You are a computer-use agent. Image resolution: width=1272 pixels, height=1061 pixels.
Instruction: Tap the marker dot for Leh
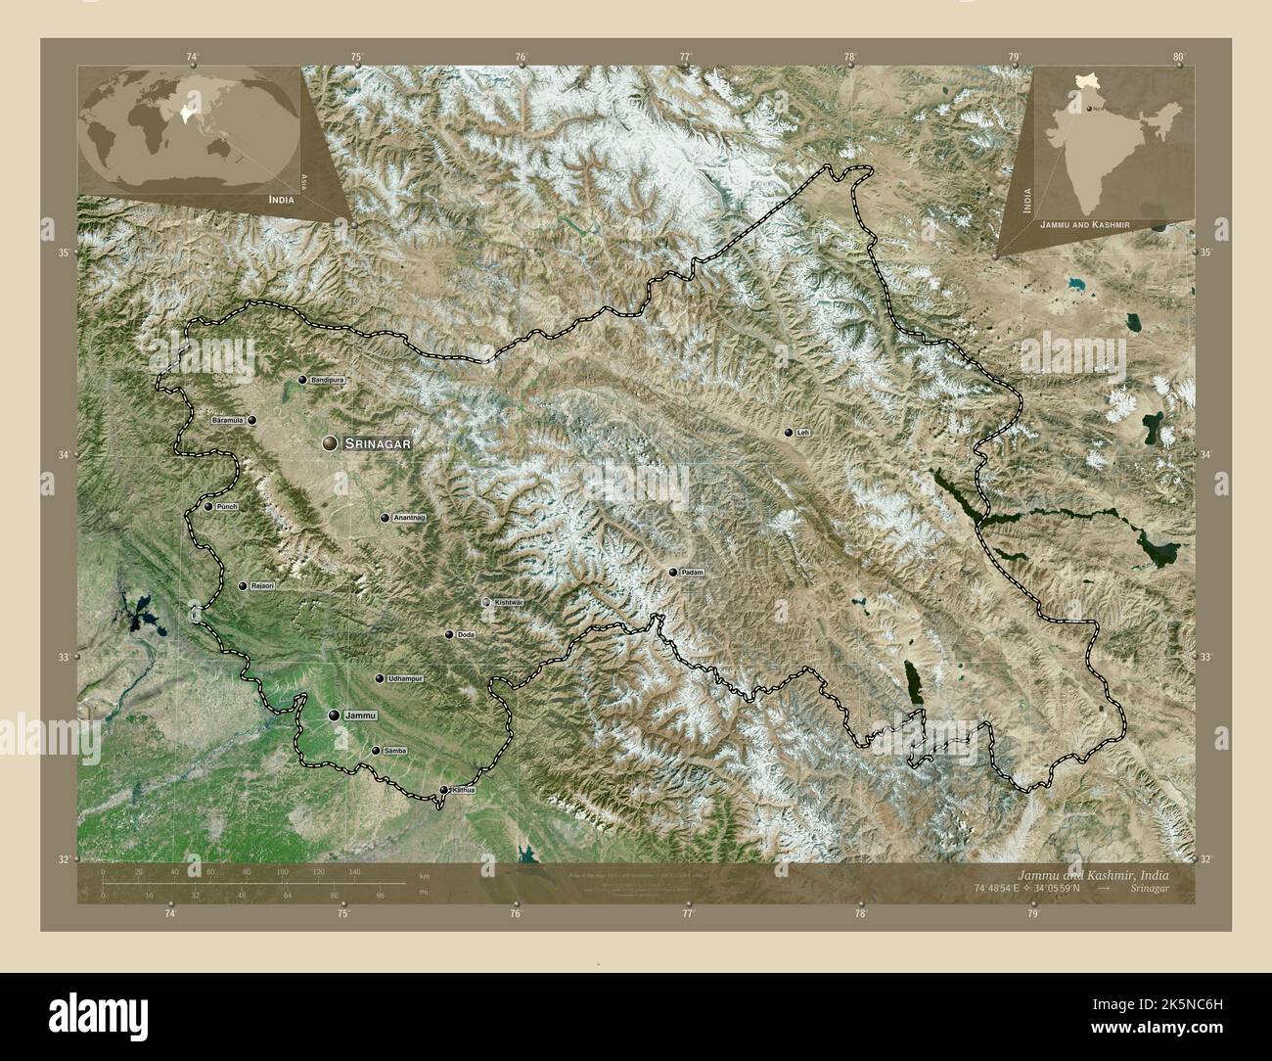coord(789,433)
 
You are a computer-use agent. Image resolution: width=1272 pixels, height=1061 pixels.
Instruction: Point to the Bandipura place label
coord(329,379)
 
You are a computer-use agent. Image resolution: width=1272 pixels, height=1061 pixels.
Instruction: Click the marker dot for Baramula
coord(252,421)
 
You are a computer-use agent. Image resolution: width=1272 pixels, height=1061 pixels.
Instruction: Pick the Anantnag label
coord(409,518)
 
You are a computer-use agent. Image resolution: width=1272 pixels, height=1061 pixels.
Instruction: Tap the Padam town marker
coord(673,573)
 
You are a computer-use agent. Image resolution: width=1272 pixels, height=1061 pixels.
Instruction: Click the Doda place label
coord(466,635)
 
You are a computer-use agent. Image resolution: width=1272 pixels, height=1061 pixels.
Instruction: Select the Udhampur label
coord(404,678)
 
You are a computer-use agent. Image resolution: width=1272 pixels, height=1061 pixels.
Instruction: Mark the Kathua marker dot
coord(443,790)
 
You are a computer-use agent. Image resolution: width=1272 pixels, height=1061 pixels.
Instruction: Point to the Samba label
coord(395,751)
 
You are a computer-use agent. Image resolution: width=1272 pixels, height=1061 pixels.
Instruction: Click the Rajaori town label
coord(262,586)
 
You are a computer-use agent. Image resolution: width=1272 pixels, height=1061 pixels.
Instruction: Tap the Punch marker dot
coord(208,506)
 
